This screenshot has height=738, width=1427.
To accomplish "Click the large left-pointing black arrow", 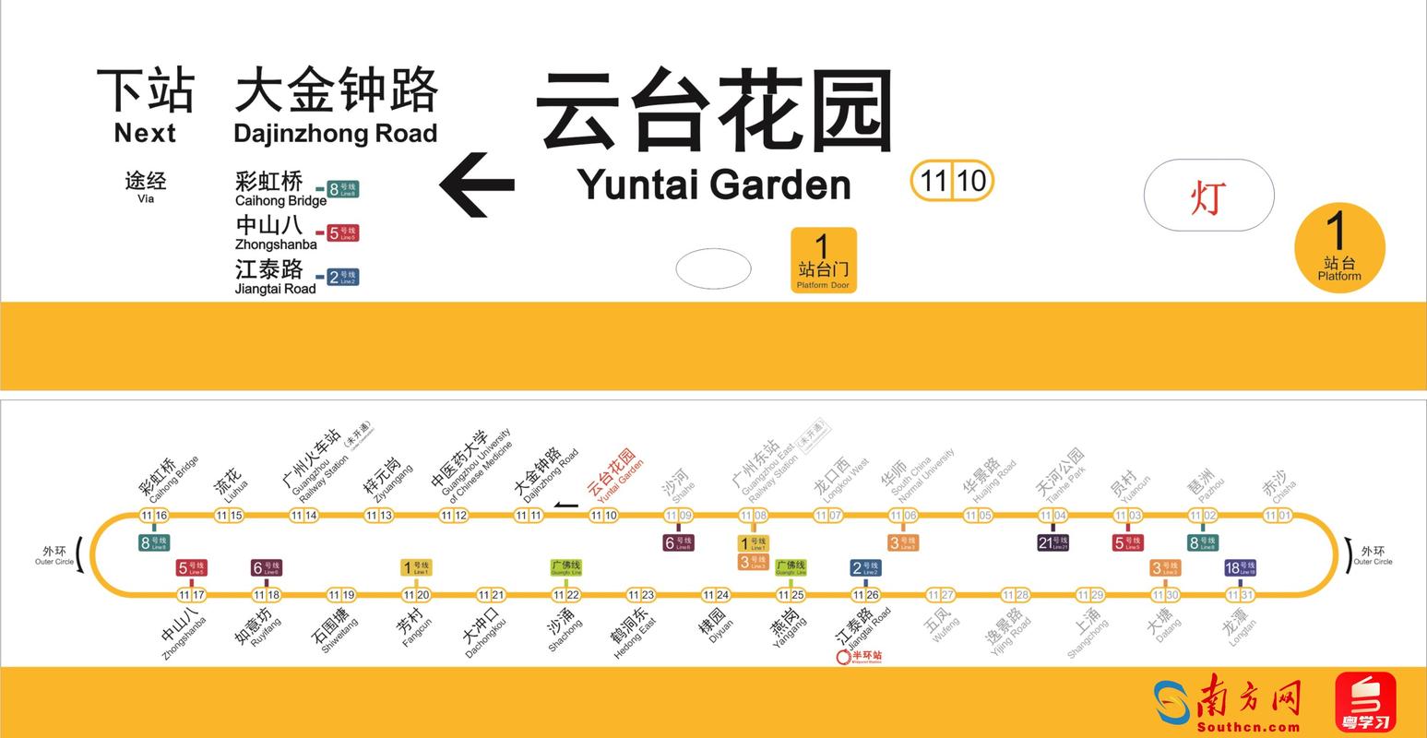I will pyautogui.click(x=476, y=184).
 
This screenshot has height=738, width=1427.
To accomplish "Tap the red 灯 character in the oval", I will pyautogui.click(x=1207, y=196).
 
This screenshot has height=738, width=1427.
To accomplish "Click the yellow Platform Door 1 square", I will pyautogui.click(x=823, y=260).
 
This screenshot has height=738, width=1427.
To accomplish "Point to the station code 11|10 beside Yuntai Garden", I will pyautogui.click(x=951, y=181).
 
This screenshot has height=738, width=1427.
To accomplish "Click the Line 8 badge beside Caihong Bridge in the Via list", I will pyautogui.click(x=342, y=190).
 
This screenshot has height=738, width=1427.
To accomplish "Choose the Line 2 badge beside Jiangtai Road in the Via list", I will pyautogui.click(x=342, y=277).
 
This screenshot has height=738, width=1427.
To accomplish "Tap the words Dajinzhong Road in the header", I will pyautogui.click(x=335, y=134).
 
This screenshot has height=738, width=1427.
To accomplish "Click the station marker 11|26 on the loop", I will pyautogui.click(x=864, y=595).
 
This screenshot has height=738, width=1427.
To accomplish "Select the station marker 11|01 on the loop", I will pyautogui.click(x=1278, y=516).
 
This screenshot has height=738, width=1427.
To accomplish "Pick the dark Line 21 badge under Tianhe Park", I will pyautogui.click(x=1052, y=542).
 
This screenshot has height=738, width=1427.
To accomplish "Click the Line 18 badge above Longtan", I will pyautogui.click(x=1240, y=568).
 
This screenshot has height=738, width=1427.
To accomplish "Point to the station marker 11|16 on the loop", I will pyautogui.click(x=154, y=516).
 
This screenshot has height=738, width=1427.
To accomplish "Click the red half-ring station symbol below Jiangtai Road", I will pyautogui.click(x=841, y=657).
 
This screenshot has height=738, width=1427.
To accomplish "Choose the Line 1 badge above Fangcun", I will pyautogui.click(x=416, y=568).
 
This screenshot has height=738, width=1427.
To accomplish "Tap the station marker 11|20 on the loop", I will pyautogui.click(x=416, y=595).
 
